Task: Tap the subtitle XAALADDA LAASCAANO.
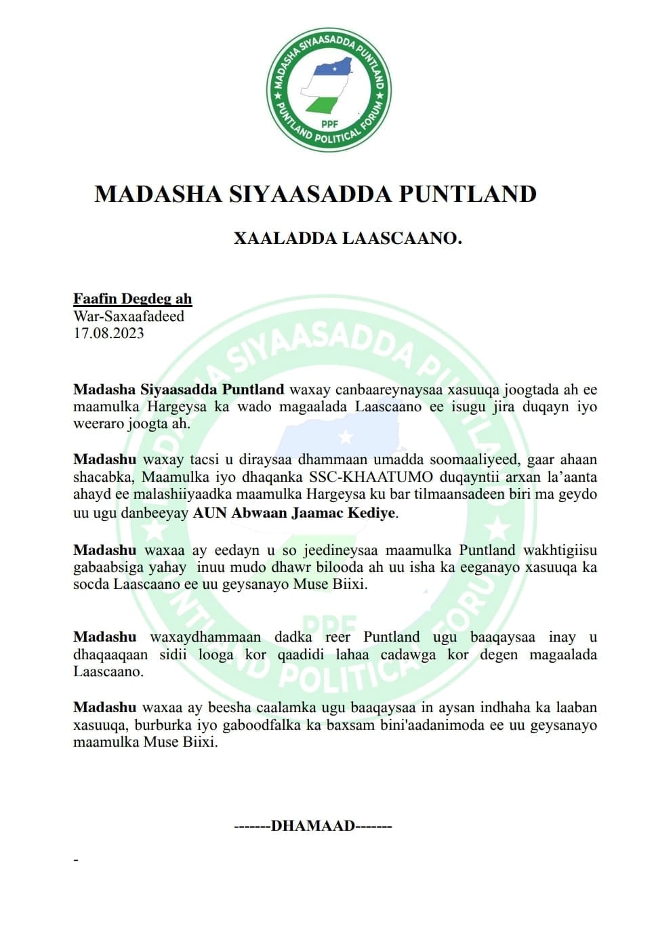click(348, 239)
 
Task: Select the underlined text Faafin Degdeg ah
click(133, 299)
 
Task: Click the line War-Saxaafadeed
click(129, 316)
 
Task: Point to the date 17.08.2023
click(108, 333)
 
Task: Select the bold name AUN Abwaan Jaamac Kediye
click(293, 513)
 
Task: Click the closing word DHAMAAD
click(313, 826)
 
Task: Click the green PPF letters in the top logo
click(329, 123)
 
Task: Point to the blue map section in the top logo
click(333, 67)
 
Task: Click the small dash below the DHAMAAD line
click(77, 861)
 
